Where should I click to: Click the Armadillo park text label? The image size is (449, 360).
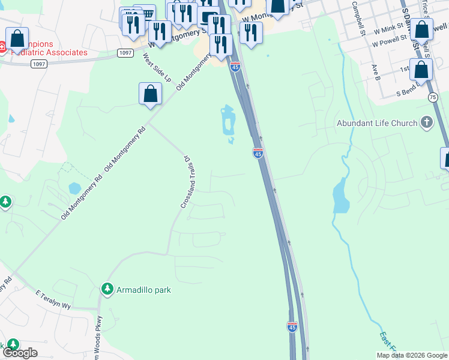click(x=144, y=290)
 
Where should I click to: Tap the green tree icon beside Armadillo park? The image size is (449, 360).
click(x=107, y=289)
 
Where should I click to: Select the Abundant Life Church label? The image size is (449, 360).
click(x=377, y=124)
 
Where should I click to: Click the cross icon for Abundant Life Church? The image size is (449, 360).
click(x=427, y=123)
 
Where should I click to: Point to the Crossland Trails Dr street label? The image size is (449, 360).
click(x=186, y=182)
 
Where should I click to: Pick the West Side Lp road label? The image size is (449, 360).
click(x=157, y=68)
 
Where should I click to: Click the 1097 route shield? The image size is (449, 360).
click(x=125, y=53)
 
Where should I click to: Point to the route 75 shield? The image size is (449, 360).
click(x=433, y=97)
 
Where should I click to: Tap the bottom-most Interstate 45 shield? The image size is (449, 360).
click(x=292, y=326)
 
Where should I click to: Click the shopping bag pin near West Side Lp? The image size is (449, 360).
click(x=150, y=94)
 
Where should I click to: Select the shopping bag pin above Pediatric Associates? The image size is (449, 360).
click(x=17, y=38)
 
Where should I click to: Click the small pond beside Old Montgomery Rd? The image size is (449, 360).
click(x=75, y=188)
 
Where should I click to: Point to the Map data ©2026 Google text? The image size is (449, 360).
click(x=412, y=355)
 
